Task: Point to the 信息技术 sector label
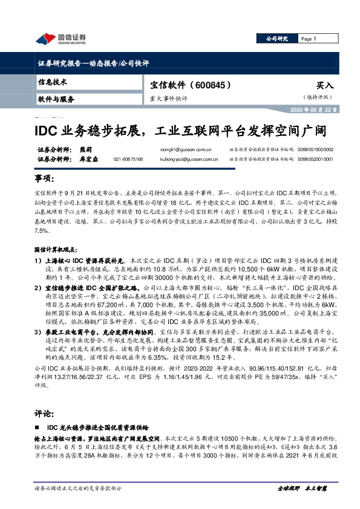click(x=53, y=82)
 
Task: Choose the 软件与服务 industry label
click(x=56, y=99)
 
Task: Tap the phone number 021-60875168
click(x=128, y=158)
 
